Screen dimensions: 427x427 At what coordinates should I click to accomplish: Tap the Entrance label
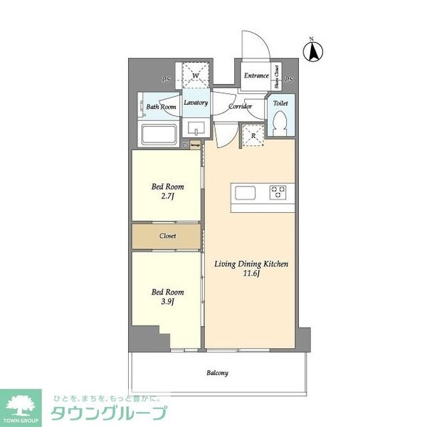click(255, 75)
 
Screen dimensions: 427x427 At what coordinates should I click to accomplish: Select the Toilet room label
click(280, 103)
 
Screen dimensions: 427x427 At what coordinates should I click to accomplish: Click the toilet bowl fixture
click(280, 122)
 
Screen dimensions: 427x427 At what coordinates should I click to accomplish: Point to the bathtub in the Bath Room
click(161, 135)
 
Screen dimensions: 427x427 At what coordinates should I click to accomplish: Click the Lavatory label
click(195, 102)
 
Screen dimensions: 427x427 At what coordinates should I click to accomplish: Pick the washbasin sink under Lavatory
click(195, 128)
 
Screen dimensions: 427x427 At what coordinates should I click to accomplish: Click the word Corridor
click(241, 107)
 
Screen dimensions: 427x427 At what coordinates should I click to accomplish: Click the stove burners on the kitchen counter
click(277, 192)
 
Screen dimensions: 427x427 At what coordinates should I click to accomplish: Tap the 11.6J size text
click(251, 273)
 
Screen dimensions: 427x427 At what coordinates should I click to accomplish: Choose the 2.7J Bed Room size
click(167, 198)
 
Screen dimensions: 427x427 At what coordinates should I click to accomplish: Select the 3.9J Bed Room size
click(167, 302)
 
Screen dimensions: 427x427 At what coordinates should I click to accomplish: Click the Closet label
click(168, 236)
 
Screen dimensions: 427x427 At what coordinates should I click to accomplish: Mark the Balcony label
click(217, 372)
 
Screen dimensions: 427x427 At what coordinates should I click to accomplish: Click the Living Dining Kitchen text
click(251, 263)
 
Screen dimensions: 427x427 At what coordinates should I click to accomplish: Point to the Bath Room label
click(162, 107)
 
